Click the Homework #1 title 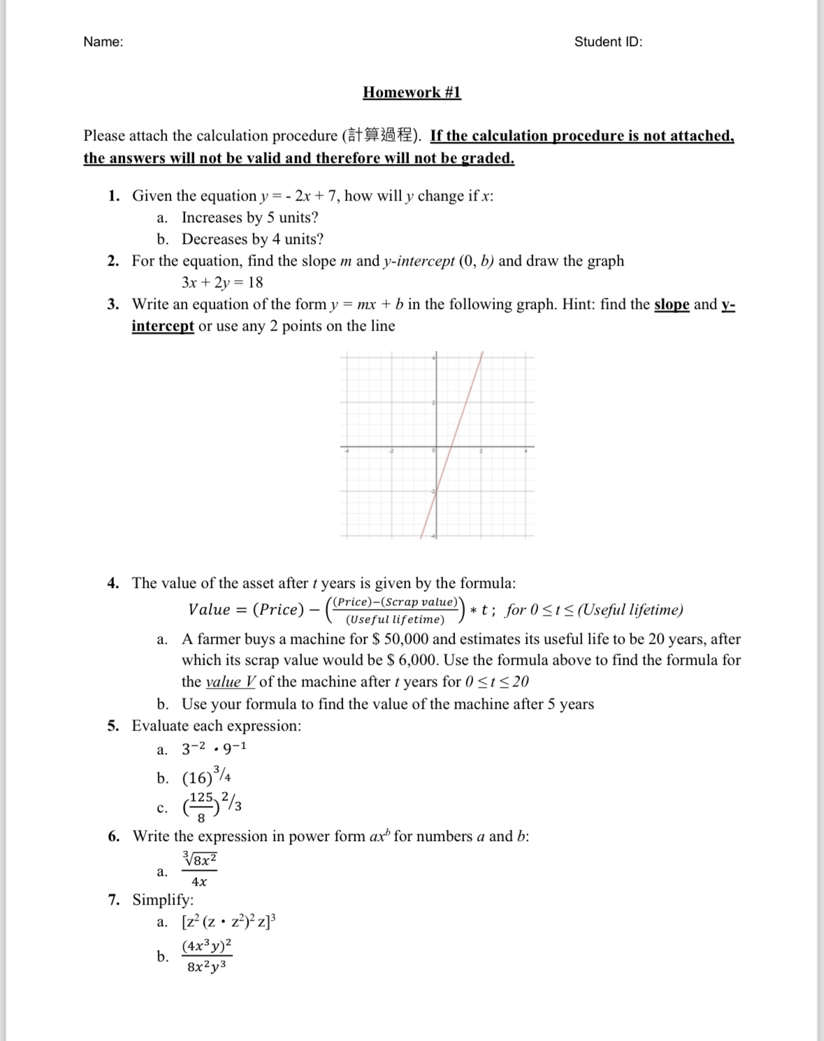pos(412,92)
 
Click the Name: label pos(103,42)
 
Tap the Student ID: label pos(608,42)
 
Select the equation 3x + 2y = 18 pos(222,282)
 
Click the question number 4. pos(113,583)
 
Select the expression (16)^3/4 pos(207,776)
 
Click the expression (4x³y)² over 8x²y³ pos(206,956)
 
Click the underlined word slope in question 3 pos(671,304)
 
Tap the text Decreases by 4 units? pos(252,239)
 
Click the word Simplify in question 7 pos(163,900)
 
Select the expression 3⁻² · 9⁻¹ pos(214,749)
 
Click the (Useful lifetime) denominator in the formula pos(395,619)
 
